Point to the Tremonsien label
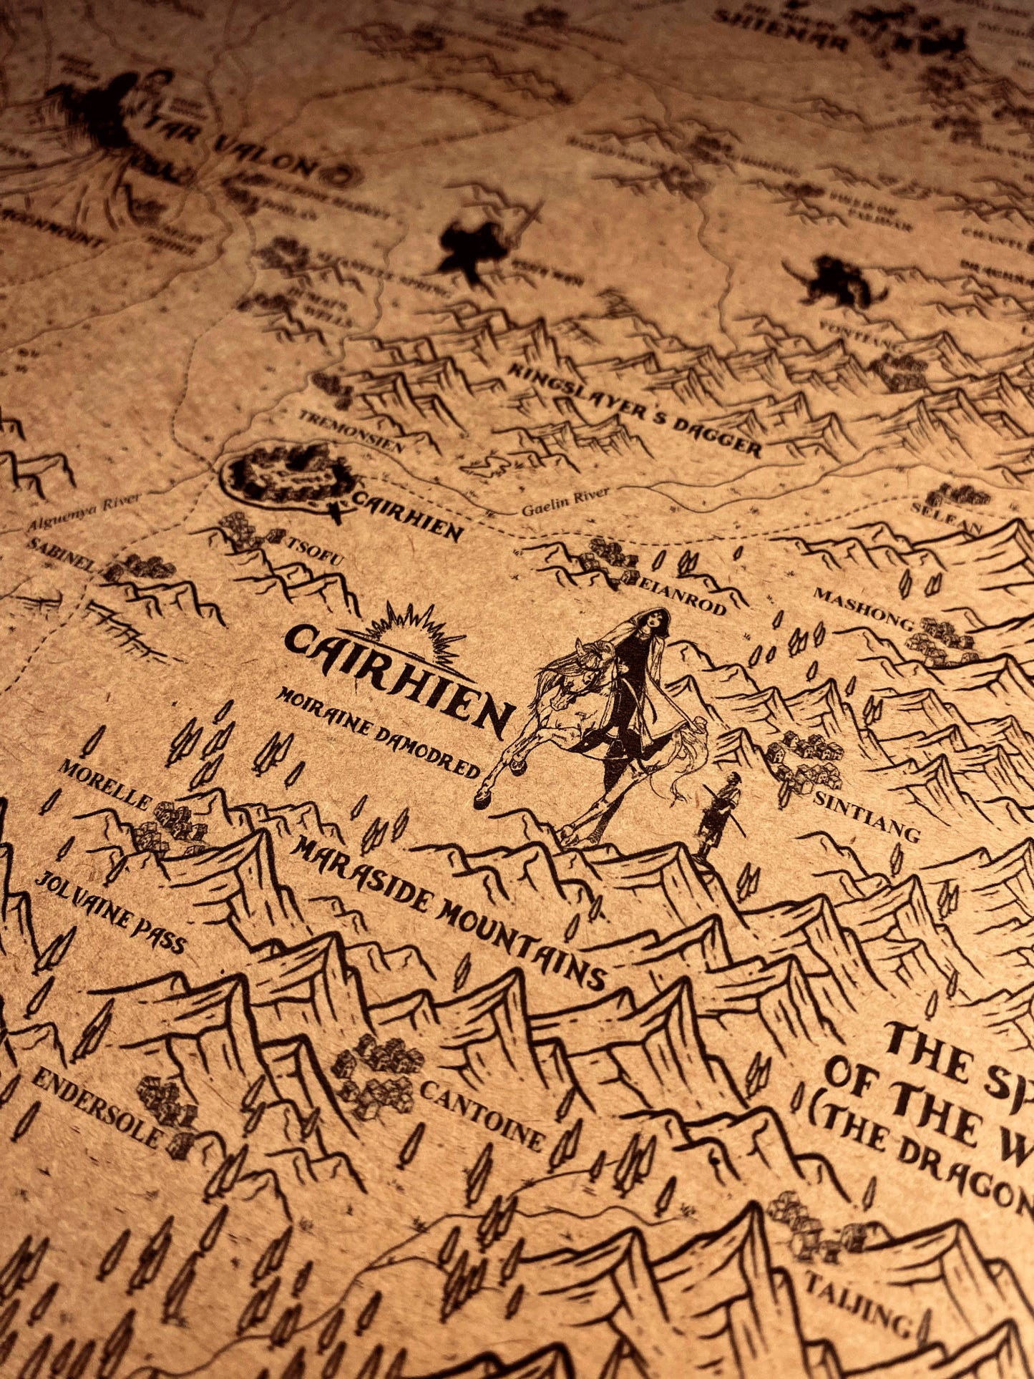coord(351,432)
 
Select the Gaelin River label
coord(565,501)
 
